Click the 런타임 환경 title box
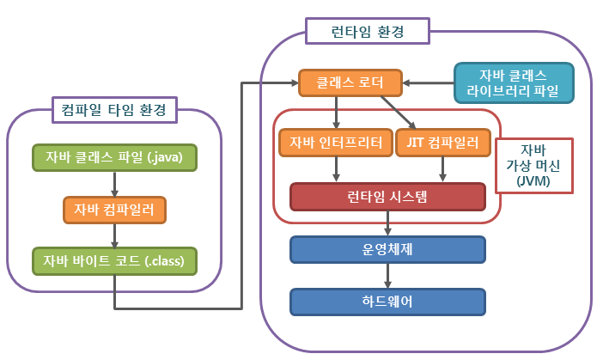tap(368, 31)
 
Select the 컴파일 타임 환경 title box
tap(114, 110)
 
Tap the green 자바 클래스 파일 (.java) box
tap(114, 158)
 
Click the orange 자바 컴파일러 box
tap(114, 210)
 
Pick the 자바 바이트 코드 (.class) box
tap(114, 261)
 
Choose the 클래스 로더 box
tap(350, 82)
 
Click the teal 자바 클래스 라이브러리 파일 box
tap(514, 83)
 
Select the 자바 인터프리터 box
tap(336, 143)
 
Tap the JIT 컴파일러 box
tap(443, 143)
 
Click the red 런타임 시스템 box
tap(387, 197)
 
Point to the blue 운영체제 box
tap(387, 250)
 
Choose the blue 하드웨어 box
tap(387, 302)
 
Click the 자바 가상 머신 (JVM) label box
tap(533, 165)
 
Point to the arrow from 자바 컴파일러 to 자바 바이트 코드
tap(114, 235)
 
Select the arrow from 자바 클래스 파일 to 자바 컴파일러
tap(114, 184)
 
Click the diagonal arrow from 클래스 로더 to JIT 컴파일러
tap(399, 113)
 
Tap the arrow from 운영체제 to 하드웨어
tap(387, 276)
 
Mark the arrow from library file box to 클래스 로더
tap(428, 82)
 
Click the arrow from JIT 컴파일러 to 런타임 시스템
tap(442, 169)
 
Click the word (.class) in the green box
tap(165, 261)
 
